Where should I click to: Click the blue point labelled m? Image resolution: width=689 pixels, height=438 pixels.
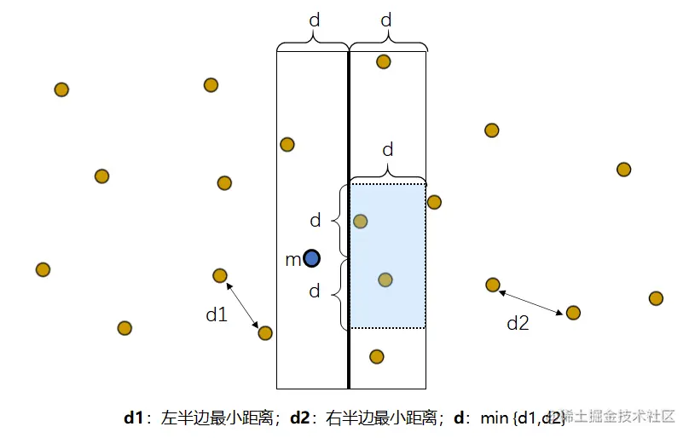tap(312, 257)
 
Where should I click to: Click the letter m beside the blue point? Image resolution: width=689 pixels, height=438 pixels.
tap(292, 259)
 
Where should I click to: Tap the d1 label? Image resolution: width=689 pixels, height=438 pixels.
tap(217, 314)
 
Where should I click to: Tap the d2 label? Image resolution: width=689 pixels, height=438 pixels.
tap(518, 323)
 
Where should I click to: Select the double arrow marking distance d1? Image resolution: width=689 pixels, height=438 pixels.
tap(242, 305)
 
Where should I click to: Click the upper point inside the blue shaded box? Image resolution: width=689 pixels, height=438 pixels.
tap(361, 222)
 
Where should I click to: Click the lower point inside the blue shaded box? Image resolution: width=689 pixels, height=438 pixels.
tap(385, 280)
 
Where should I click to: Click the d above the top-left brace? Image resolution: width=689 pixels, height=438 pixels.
tap(313, 19)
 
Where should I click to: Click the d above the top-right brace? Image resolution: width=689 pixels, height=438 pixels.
tap(386, 19)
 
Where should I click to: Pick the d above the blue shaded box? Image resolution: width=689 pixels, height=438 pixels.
tap(388, 150)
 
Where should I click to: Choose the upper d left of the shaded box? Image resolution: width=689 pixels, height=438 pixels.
tap(316, 221)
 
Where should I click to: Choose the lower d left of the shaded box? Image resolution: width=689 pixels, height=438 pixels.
tap(316, 291)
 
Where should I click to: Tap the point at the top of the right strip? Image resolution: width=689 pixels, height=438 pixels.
tap(384, 61)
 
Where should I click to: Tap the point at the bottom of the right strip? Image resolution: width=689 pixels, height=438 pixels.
tap(377, 356)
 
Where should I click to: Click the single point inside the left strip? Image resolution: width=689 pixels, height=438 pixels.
tap(287, 144)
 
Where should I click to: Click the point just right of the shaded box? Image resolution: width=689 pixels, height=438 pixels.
tap(434, 202)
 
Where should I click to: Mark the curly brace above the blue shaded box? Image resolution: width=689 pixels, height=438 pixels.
tap(388, 171)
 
